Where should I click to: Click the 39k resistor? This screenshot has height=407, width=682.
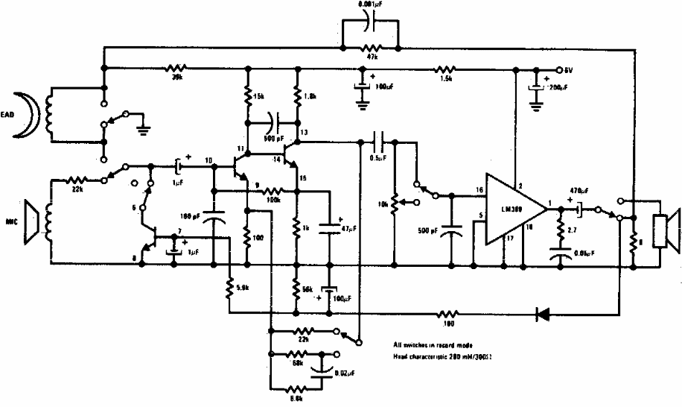click(x=176, y=69)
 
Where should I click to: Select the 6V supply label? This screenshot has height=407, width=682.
click(x=570, y=70)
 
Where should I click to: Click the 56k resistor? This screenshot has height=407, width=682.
click(x=297, y=287)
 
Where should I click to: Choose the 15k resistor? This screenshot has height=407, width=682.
click(x=247, y=98)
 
